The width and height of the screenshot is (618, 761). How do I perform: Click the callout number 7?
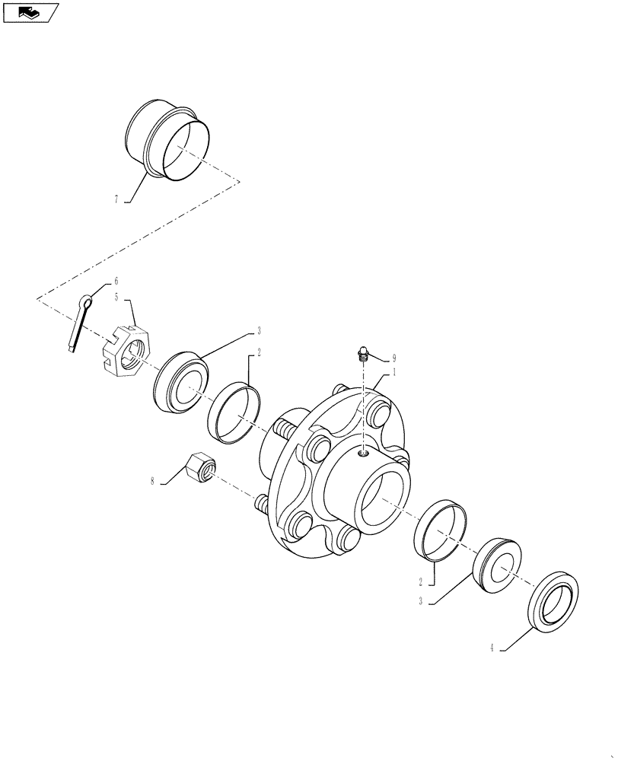click(x=116, y=199)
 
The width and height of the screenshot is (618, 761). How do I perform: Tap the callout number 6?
click(x=116, y=282)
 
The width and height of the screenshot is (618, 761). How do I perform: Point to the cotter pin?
click(x=79, y=323)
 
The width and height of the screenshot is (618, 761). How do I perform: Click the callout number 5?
click(x=116, y=298)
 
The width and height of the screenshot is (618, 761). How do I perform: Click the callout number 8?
click(x=152, y=481)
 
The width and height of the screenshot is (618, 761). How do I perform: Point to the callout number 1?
click(x=395, y=374)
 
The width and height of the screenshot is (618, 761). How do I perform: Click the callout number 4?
click(x=492, y=649)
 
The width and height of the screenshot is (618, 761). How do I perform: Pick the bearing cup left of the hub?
click(x=234, y=412)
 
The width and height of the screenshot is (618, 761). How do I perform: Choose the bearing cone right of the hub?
click(x=496, y=564)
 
